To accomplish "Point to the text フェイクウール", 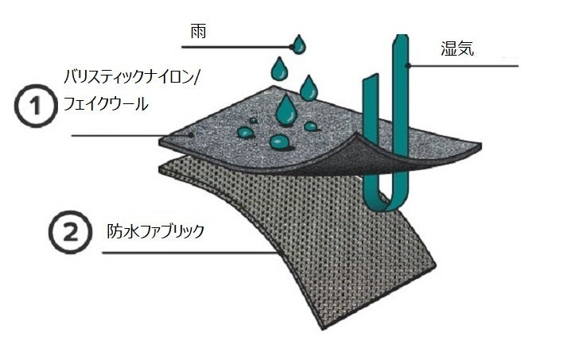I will [106, 103].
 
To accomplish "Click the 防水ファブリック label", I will [156, 232].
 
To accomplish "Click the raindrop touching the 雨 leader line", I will [298, 45].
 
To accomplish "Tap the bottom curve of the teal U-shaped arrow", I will [387, 200].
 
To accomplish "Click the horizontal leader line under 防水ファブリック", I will [183, 254].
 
